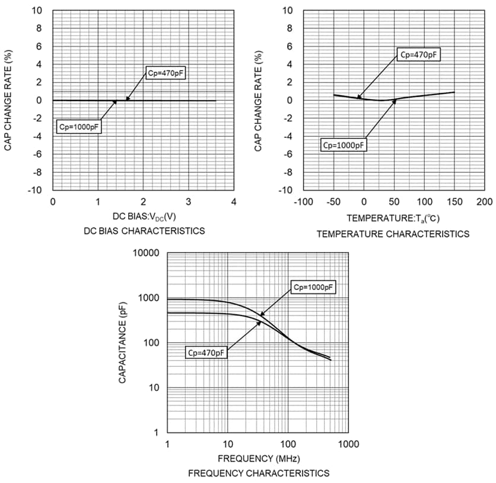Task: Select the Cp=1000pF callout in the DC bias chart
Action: pos(79,126)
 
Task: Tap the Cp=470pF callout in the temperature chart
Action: pos(419,55)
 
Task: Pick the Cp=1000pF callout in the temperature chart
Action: pos(344,144)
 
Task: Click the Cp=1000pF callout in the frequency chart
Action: pos(314,287)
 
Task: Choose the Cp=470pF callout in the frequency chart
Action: pos(206,352)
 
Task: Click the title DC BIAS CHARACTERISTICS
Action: pos(145,231)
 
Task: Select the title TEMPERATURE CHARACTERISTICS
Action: pos(393,234)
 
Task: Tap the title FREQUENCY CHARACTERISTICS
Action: pos(259,473)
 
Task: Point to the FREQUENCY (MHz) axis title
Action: pos(259,459)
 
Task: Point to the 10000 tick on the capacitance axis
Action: pos(147,253)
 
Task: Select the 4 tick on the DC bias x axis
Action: pos(234,202)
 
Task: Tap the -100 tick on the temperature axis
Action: pos(304,202)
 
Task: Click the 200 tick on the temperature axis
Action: pos(484,202)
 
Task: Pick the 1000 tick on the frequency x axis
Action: pos(348,444)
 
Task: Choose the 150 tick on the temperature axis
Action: pos(454,202)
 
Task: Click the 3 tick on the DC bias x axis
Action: pos(189,202)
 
